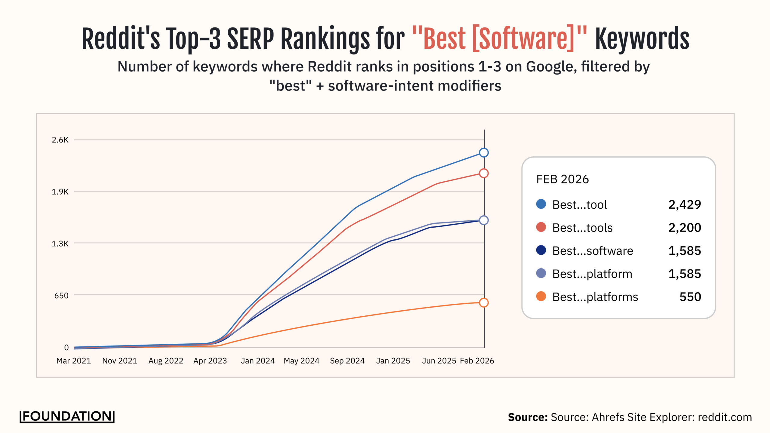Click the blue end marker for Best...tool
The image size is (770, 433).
click(484, 153)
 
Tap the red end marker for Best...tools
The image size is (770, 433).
click(484, 173)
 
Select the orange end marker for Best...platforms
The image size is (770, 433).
click(484, 302)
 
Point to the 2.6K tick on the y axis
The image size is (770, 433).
click(60, 140)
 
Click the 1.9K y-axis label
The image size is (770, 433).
click(60, 192)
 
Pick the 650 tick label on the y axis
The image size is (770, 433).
click(61, 296)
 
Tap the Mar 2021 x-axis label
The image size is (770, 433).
click(74, 361)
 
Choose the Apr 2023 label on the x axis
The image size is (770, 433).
click(210, 361)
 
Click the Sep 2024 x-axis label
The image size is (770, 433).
click(347, 361)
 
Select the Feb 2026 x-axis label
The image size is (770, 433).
click(477, 361)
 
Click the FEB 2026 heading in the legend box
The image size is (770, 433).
click(562, 179)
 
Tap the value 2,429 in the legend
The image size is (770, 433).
click(685, 205)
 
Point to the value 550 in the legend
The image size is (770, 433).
click(690, 297)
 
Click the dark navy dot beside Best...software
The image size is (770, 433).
click(541, 250)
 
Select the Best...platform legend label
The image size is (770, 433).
click(592, 274)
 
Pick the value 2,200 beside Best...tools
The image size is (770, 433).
click(685, 228)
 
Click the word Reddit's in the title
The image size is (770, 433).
click(121, 39)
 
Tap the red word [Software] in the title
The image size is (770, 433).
click(523, 39)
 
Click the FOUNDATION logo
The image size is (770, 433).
click(67, 416)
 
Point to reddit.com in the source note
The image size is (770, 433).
click(725, 417)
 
